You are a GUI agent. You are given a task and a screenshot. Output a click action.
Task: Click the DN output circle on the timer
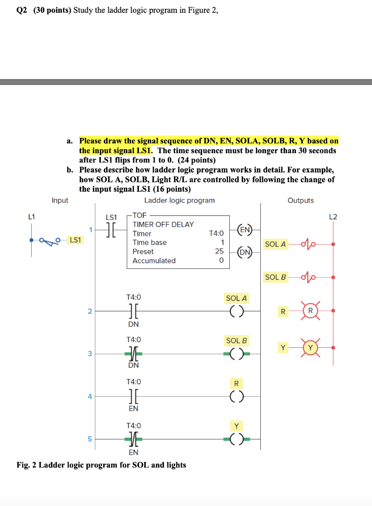click(x=245, y=253)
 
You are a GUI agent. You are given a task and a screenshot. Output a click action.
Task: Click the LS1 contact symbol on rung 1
click(x=111, y=230)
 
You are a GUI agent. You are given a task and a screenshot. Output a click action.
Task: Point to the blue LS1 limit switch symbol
click(x=47, y=241)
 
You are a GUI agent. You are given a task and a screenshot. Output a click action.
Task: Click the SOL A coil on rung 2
click(x=236, y=311)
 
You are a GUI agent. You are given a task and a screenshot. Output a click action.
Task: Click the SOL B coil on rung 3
click(x=236, y=353)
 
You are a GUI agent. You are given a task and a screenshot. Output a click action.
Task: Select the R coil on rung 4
click(x=236, y=396)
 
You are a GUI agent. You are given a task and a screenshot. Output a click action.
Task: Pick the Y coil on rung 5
click(x=236, y=438)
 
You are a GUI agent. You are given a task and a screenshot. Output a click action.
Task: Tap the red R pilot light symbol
click(x=310, y=311)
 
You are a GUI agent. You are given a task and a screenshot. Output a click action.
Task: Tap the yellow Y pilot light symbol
click(x=310, y=348)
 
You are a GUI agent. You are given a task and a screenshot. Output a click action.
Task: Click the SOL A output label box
click(x=276, y=244)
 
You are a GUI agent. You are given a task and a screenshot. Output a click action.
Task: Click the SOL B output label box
click(x=276, y=277)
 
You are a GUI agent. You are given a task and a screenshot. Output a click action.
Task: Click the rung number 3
click(x=90, y=353)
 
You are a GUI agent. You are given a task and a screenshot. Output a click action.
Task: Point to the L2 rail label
click(x=333, y=216)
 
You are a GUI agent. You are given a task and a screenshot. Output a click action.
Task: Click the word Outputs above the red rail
click(x=300, y=200)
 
